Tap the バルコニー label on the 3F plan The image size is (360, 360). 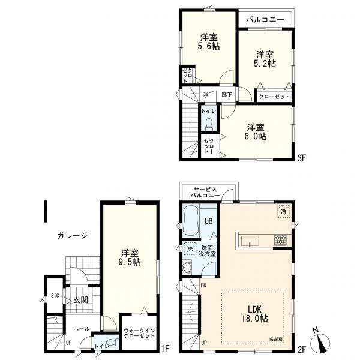tap(265, 20)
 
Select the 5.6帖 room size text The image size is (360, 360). tap(209, 46)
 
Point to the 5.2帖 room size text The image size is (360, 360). tap(265, 64)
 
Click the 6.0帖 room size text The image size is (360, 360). tap(256, 136)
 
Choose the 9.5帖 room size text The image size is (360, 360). tap(130, 262)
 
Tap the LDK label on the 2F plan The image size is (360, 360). tap(254, 309)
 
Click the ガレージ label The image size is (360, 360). tap(73, 236)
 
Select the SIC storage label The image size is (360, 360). tap(55, 296)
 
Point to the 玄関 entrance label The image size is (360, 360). tap(80, 300)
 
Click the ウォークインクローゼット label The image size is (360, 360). tap(139, 333)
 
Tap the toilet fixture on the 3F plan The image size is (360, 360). tap(209, 124)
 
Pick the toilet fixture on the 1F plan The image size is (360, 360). tap(113, 342)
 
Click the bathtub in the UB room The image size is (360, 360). tap(191, 220)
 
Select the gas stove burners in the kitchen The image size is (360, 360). tap(280, 240)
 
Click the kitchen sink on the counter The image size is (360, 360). tap(250, 241)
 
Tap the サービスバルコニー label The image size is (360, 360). tap(205, 193)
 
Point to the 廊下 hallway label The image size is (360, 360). tap(227, 94)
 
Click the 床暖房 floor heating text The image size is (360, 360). tap(276, 340)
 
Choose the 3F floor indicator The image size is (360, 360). tap(302, 158)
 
